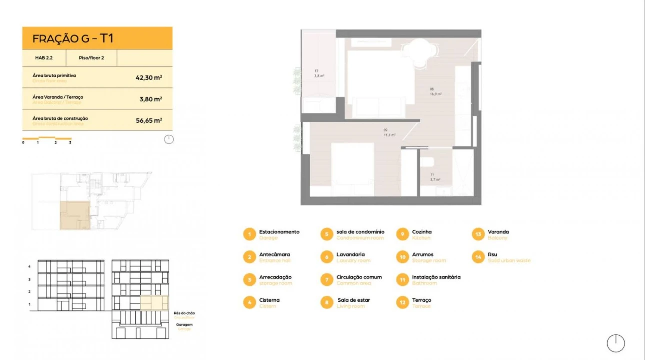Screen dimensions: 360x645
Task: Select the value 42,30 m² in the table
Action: pyautogui.click(x=149, y=78)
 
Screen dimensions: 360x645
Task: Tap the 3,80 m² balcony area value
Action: pyautogui.click(x=150, y=99)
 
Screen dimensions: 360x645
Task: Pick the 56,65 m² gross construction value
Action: pyautogui.click(x=149, y=121)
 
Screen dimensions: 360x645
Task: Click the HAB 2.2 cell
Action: pyautogui.click(x=44, y=58)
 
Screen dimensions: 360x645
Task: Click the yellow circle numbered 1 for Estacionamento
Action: pyautogui.click(x=249, y=234)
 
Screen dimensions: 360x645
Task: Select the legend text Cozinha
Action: pyautogui.click(x=422, y=232)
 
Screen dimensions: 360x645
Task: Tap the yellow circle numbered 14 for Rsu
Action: pyautogui.click(x=479, y=257)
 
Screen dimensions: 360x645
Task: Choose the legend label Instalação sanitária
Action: pyautogui.click(x=436, y=277)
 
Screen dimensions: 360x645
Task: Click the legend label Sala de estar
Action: pyautogui.click(x=353, y=300)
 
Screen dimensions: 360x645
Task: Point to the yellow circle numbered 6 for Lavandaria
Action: pyautogui.click(x=326, y=257)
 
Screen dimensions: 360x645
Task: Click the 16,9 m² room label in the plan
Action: pyautogui.click(x=435, y=94)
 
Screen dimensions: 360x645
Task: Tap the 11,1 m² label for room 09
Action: pyautogui.click(x=390, y=135)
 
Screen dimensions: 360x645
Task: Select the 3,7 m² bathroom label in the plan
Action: pyautogui.click(x=435, y=179)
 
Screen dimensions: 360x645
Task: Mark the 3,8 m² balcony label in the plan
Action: pyautogui.click(x=319, y=76)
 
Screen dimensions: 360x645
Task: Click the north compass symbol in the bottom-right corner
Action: pyautogui.click(x=616, y=343)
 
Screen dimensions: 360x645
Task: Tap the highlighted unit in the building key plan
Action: pyautogui.click(x=74, y=216)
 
